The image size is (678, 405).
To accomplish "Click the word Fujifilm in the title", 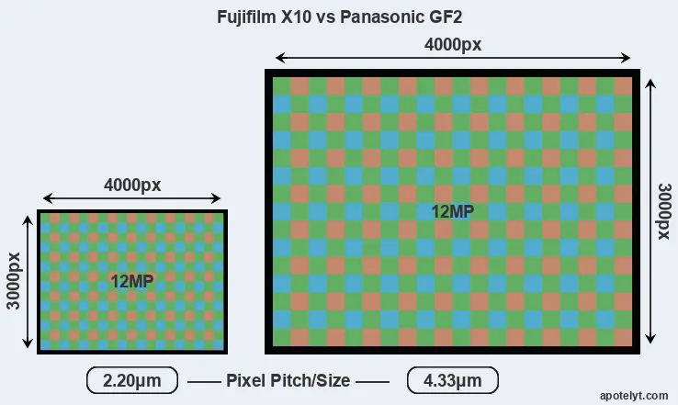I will [x=248, y=17].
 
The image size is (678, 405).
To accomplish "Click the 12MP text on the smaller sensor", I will [x=131, y=281].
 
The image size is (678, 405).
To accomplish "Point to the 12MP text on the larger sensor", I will [x=452, y=211].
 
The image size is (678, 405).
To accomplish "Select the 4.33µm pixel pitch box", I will [x=452, y=380].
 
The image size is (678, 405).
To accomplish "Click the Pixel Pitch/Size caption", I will [x=288, y=380].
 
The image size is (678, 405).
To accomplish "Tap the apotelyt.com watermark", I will [x=634, y=395].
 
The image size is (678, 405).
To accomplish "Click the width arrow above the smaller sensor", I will [x=132, y=198].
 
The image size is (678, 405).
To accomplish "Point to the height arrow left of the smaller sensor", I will [x=28, y=281].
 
